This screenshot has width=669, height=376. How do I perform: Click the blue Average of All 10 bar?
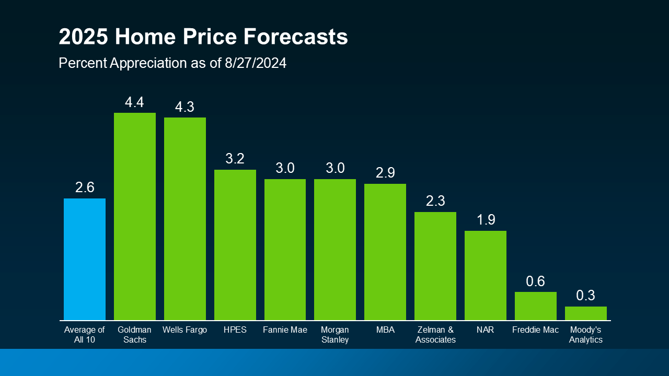[85, 259]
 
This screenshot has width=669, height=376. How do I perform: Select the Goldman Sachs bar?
[135, 216]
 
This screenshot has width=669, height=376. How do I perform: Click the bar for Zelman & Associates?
[435, 266]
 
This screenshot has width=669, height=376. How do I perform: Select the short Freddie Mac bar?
[536, 306]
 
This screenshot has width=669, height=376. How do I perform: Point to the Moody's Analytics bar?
[586, 313]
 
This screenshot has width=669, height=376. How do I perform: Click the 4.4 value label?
[134, 102]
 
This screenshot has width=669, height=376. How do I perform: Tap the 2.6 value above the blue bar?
[85, 188]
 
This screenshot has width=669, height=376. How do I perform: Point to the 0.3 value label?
[586, 296]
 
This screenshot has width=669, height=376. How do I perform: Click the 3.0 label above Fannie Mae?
[285, 168]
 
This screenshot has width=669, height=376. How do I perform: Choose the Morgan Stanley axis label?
[335, 335]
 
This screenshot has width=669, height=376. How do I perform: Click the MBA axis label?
[385, 330]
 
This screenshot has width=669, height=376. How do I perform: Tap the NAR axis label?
[486, 330]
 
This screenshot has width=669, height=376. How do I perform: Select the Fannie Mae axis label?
[285, 330]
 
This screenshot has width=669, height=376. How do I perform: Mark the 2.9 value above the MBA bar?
[385, 173]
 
